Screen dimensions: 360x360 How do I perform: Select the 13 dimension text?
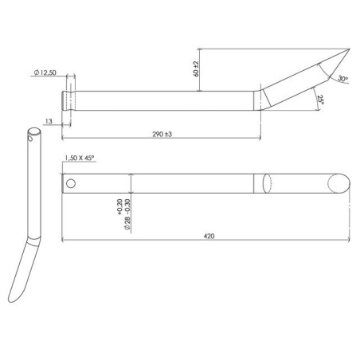49,122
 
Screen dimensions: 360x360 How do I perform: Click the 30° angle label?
342,79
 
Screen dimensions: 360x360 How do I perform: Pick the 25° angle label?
319,100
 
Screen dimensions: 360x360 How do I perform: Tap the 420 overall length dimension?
207,236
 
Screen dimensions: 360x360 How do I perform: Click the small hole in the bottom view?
72,183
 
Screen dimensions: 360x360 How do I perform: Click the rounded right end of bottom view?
341,183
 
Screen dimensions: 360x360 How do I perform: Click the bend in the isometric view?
31,240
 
